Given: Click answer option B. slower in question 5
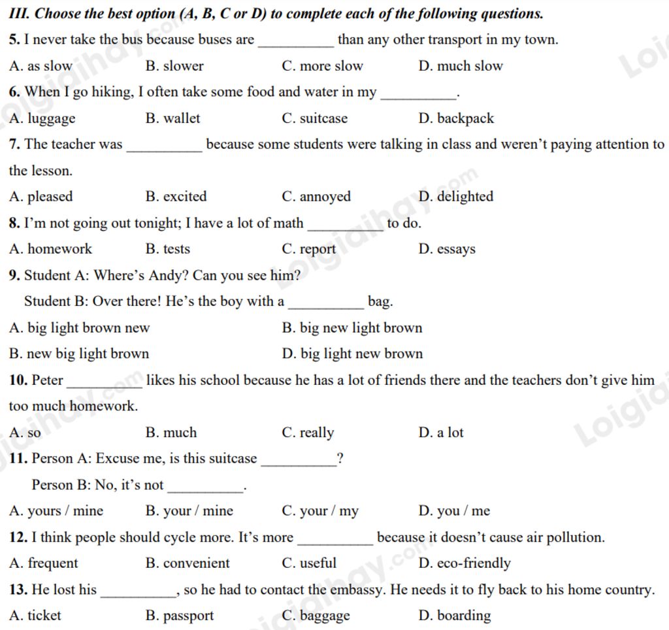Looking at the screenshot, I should tap(174, 66).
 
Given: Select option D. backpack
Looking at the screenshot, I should tap(456, 118).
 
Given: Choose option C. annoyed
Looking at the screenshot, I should tap(316, 197).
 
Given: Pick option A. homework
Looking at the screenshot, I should tap(51, 249).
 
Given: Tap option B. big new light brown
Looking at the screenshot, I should tap(352, 328).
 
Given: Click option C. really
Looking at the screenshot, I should tap(308, 433).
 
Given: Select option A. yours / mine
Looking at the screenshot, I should tap(56, 511).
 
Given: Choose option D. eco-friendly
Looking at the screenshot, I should tap(465, 563).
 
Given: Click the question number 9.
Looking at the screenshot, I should tap(14, 276).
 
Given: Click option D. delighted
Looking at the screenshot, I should tap(456, 197).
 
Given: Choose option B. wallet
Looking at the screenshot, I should tap(173, 118).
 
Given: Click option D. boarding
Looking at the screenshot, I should tap(455, 616).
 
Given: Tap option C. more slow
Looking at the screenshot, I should tap(322, 66).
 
